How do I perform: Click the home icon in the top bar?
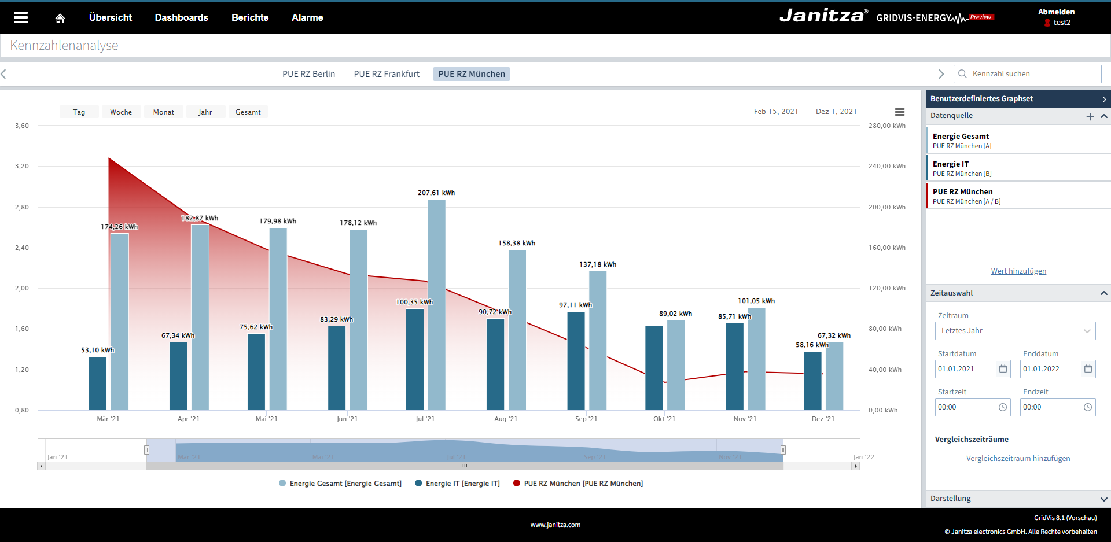pyautogui.click(x=60, y=18)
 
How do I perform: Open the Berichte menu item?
pyautogui.click(x=250, y=18)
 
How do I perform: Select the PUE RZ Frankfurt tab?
pyautogui.click(x=387, y=74)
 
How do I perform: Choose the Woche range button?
pyautogui.click(x=121, y=112)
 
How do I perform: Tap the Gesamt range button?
pyautogui.click(x=248, y=112)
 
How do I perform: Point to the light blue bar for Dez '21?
pyautogui.click(x=834, y=376)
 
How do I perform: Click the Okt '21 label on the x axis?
pyautogui.click(x=664, y=419)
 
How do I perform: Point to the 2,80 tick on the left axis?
pyautogui.click(x=22, y=207)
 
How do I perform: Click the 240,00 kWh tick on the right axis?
pyautogui.click(x=886, y=166)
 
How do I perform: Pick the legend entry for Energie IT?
pyautogui.click(x=457, y=484)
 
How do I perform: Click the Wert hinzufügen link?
pyautogui.click(x=1018, y=271)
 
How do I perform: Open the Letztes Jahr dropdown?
pyautogui.click(x=1015, y=331)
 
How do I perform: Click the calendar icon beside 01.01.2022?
pyautogui.click(x=1088, y=369)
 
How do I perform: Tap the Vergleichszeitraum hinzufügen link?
pyautogui.click(x=1018, y=459)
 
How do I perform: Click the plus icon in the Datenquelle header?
pyautogui.click(x=1090, y=116)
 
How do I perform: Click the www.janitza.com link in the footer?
pyautogui.click(x=555, y=525)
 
